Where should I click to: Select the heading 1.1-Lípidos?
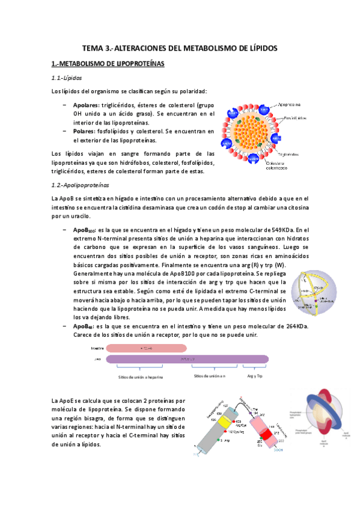[x=67, y=78]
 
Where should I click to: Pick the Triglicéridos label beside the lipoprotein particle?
[x=293, y=153]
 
